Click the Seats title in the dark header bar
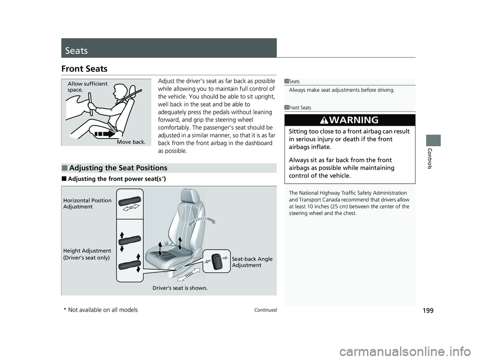pos(76,51)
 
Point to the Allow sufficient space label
pos(87,87)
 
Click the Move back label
pos(131,142)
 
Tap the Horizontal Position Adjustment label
pos(87,203)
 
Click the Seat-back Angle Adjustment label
pos(252,262)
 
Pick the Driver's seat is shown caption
pos(180,288)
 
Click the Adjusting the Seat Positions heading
pos(118,168)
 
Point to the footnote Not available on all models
pos(102,310)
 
